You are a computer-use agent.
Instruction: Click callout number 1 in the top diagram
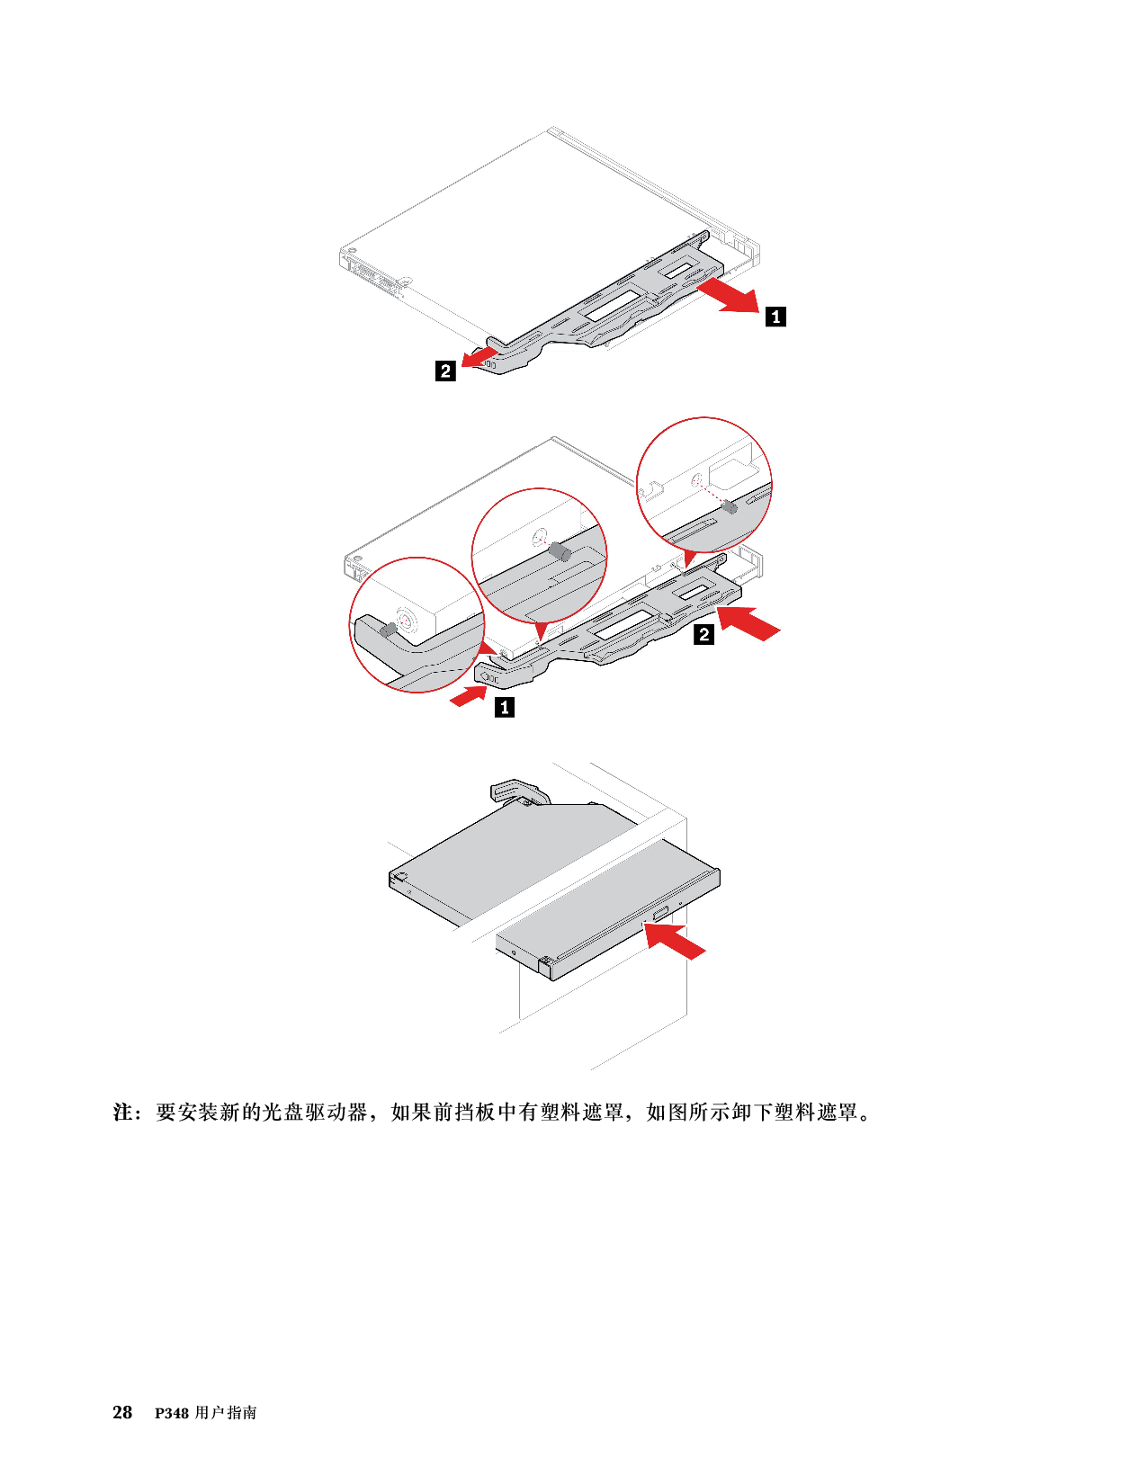775,317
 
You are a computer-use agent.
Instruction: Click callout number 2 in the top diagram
445,371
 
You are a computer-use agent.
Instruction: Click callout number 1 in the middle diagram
505,707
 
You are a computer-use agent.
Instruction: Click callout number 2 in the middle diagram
704,634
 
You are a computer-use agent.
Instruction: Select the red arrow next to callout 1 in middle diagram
469,696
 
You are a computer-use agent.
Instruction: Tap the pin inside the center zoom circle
561,552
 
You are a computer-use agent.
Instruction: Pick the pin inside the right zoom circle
730,506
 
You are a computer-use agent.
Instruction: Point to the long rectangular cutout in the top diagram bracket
614,303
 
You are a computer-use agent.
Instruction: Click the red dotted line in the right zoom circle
712,495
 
